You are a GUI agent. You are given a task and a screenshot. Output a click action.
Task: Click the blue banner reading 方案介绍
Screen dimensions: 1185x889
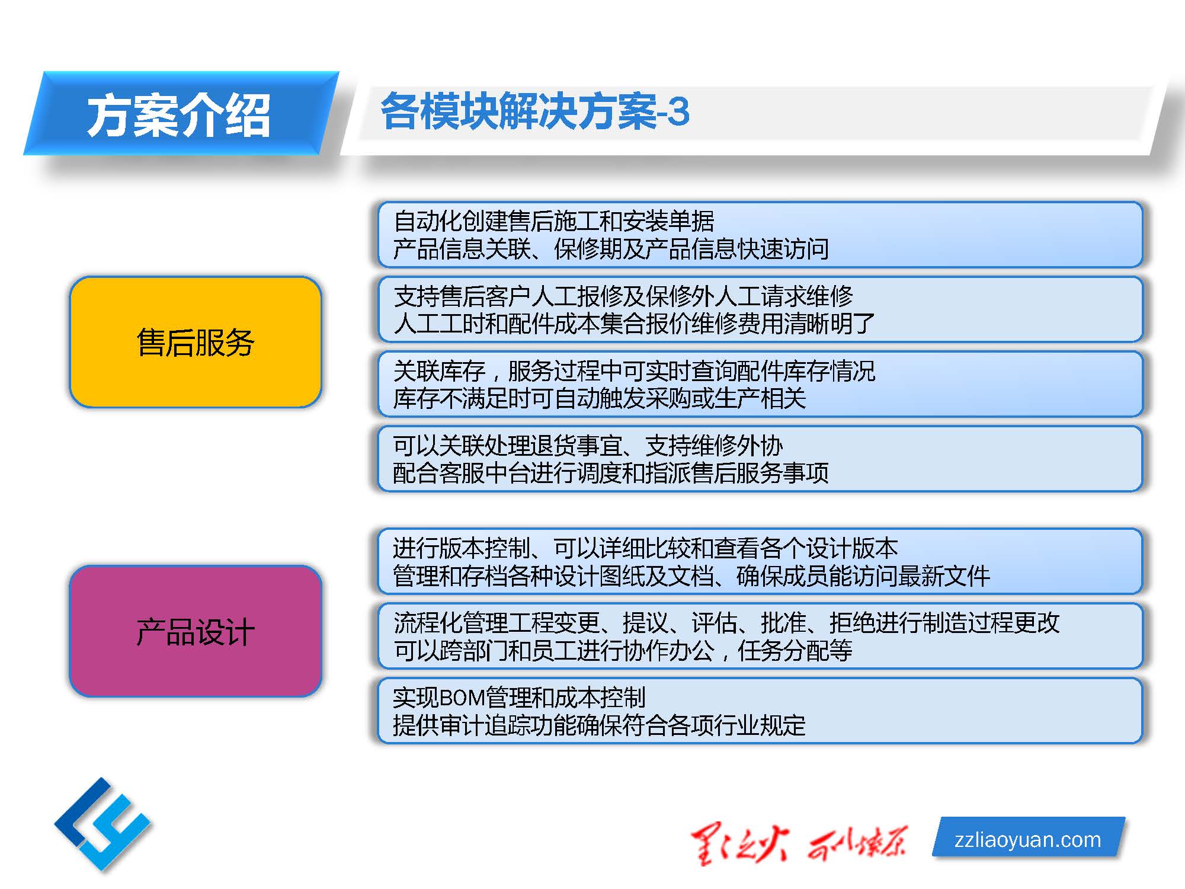point(181,113)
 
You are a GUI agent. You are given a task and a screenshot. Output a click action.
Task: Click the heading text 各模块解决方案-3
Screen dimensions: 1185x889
point(535,111)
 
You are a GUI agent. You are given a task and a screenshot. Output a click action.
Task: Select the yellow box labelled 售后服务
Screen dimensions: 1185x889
point(196,342)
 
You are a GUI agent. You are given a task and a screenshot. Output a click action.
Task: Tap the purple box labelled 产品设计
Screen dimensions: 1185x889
point(196,631)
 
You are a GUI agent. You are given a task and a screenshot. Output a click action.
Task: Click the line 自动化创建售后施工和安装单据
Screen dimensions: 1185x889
point(554,221)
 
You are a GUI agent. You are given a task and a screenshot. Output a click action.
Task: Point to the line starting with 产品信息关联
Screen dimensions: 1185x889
point(611,249)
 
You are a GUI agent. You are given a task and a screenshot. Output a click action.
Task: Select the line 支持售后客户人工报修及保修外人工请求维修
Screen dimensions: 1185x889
point(623,296)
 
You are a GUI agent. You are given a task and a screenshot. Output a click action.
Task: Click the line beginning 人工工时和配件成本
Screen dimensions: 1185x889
point(634,324)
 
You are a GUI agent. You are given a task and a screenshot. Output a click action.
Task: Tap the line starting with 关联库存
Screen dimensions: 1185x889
point(634,371)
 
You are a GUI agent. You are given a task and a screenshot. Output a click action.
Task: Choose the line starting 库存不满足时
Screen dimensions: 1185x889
point(600,398)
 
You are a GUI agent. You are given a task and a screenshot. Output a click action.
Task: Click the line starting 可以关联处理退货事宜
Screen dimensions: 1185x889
point(588,446)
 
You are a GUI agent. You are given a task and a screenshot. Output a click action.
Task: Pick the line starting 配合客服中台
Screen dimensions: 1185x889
point(611,473)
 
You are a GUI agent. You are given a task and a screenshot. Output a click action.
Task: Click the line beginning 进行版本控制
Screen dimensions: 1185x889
point(645,548)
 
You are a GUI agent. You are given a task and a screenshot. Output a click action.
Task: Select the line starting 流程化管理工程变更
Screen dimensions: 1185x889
point(726,623)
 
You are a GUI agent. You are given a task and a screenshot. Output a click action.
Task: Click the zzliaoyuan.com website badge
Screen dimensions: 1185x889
point(1028,838)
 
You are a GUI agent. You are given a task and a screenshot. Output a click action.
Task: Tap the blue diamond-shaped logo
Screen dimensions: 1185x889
point(103,824)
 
